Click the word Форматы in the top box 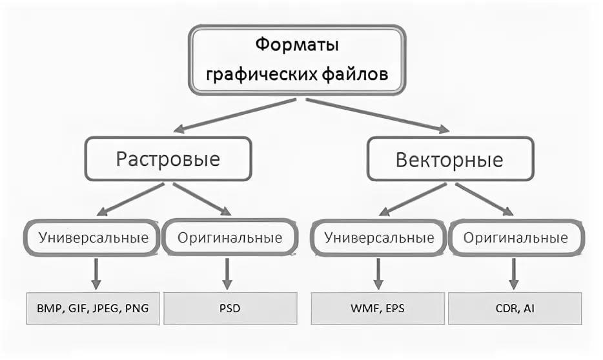297,46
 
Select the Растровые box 168,159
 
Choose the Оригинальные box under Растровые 230,237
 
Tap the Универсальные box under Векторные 378,237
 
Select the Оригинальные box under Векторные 516,237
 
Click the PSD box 229,308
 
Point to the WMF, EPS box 378,308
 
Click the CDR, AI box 516,308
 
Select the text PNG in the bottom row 136,308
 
